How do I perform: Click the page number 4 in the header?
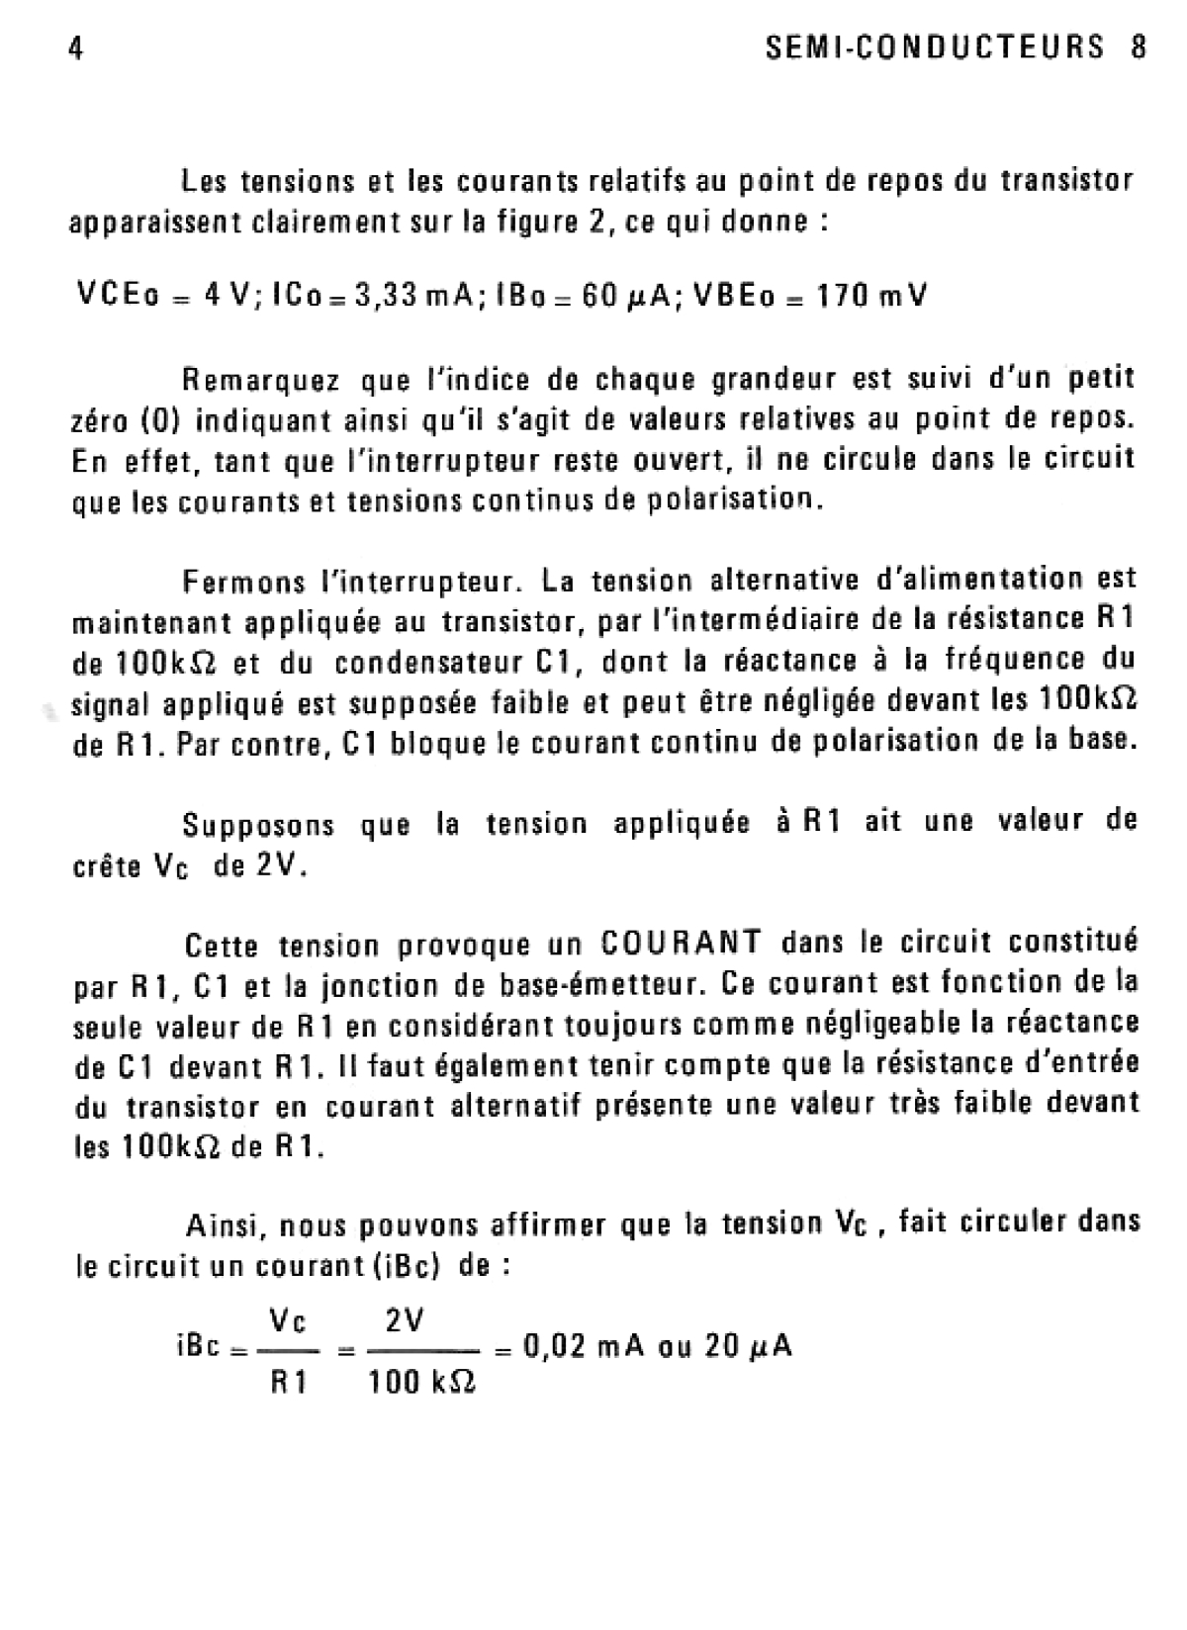[75, 48]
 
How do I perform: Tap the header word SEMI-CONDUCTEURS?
[935, 47]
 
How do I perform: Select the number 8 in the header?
[1138, 47]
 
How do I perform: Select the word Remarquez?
[262, 380]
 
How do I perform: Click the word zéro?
[99, 420]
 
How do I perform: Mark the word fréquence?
[990, 659]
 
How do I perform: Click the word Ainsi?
[223, 1226]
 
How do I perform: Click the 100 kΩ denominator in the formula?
[422, 1382]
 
